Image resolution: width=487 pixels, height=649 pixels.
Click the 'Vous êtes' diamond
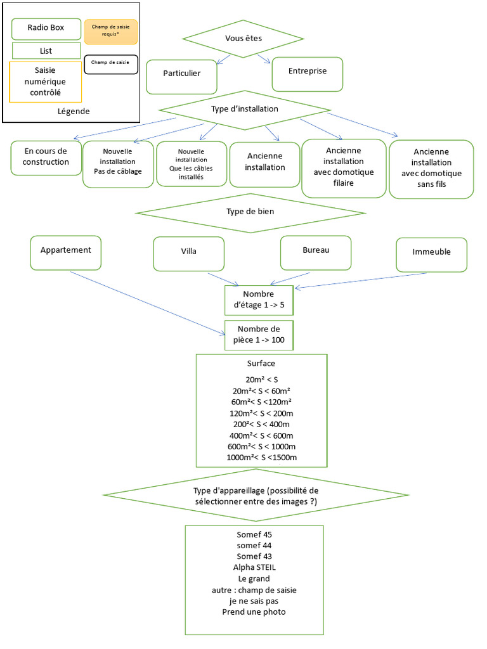click(x=243, y=39)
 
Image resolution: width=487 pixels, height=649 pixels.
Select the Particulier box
click(x=182, y=77)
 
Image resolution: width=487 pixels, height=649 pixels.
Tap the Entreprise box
click(x=308, y=74)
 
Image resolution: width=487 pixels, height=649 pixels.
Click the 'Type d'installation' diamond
click(x=245, y=110)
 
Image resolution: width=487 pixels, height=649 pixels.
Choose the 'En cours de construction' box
click(x=46, y=158)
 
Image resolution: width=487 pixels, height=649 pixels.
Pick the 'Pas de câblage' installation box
click(x=118, y=164)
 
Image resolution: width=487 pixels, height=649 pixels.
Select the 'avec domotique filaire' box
click(x=344, y=168)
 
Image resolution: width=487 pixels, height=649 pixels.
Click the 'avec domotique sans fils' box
click(x=431, y=169)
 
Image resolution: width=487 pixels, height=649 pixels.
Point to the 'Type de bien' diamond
click(x=250, y=213)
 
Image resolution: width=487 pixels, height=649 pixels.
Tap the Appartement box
click(x=66, y=253)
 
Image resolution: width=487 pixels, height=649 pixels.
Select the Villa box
click(x=189, y=254)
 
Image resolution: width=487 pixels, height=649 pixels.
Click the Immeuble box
click(x=431, y=255)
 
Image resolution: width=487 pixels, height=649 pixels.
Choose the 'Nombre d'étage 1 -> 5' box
click(x=259, y=300)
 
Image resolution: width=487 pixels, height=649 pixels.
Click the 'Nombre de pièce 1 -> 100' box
click(x=259, y=335)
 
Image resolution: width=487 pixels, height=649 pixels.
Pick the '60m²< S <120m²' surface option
click(x=261, y=402)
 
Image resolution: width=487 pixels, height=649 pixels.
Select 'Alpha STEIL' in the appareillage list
click(x=254, y=567)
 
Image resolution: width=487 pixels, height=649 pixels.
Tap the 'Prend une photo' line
click(x=254, y=612)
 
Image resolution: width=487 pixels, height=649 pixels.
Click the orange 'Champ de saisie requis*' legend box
click(x=110, y=32)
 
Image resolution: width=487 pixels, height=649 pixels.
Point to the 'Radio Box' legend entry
click(x=46, y=29)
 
